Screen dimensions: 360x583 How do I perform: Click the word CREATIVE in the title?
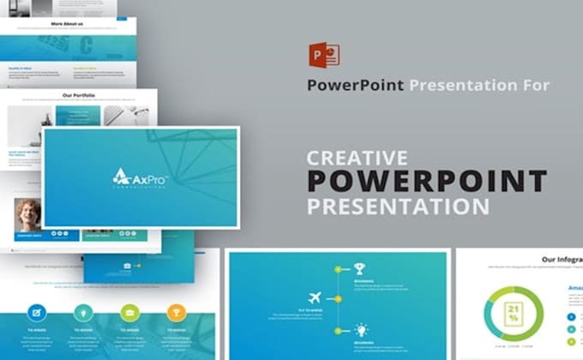tap(357, 158)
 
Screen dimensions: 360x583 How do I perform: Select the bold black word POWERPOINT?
tap(427, 182)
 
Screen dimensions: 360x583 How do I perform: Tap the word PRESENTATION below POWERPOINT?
tap(398, 207)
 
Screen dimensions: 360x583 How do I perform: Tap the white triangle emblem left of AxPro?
tap(121, 177)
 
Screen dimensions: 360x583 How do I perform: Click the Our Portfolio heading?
tap(79, 96)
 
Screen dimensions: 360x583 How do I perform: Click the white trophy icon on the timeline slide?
tap(358, 267)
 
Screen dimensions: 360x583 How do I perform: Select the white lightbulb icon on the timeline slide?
tap(361, 329)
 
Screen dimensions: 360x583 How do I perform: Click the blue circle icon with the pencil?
tap(38, 312)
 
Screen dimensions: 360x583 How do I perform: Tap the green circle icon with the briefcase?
tap(129, 312)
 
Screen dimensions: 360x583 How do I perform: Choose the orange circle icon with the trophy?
tap(175, 312)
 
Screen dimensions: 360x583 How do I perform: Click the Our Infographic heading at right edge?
tap(562, 258)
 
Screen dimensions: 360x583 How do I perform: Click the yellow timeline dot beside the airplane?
tap(338, 298)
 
